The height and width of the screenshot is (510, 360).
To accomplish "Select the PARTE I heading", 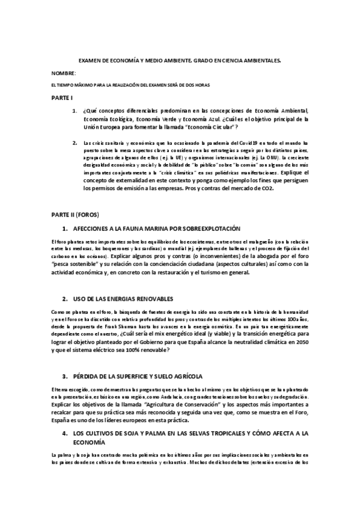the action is pos(62,97).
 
